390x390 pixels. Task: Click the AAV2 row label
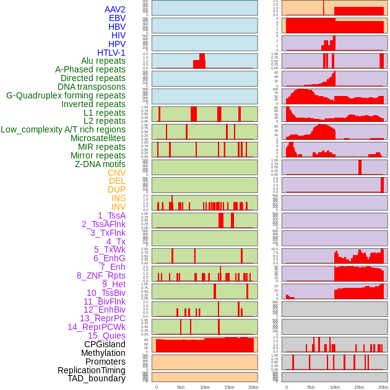tap(115, 9)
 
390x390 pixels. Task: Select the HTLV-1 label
tap(111, 53)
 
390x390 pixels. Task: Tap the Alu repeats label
tap(103, 61)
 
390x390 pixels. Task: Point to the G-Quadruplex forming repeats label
tap(66, 95)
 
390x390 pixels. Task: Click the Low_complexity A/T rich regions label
tap(63, 129)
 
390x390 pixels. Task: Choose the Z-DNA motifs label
tap(100, 164)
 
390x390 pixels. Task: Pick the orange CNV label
tap(116, 173)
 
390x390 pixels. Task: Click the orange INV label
tap(118, 207)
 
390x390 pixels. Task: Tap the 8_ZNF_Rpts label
tap(101, 275)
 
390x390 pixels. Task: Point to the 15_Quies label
tap(106, 336)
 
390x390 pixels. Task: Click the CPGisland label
tap(105, 344)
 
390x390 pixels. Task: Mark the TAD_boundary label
tap(97, 378)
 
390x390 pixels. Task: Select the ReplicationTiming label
tap(87, 370)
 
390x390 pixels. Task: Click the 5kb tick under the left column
tap(181, 387)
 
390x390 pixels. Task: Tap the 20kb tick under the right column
tap(383, 387)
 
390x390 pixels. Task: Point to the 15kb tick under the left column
tap(229, 387)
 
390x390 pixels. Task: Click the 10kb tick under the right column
tap(335, 387)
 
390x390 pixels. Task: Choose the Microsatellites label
tap(98, 138)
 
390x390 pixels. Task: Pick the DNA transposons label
tap(92, 87)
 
